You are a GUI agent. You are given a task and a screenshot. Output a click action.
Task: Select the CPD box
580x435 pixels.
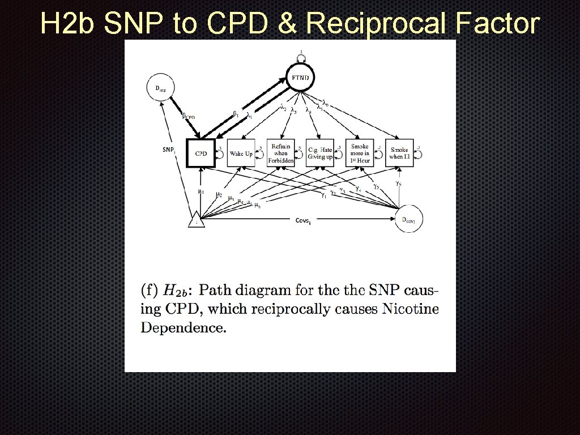[201, 153]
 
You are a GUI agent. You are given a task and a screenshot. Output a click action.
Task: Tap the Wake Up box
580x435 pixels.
[241, 153]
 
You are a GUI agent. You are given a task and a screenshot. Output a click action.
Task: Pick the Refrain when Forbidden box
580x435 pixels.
[280, 153]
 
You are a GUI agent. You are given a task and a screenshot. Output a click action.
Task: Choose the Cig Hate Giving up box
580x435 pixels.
[320, 153]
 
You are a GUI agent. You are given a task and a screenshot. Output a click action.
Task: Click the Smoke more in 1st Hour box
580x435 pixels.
[360, 153]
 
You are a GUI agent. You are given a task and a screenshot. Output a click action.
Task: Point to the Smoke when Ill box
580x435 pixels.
[399, 153]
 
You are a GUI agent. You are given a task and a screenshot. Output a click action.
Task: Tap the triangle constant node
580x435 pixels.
[196, 220]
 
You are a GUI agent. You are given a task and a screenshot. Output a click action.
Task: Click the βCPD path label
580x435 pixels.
[188, 117]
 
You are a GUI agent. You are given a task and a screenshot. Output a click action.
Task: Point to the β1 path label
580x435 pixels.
[236, 113]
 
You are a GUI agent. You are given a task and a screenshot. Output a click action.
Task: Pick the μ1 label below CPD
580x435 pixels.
[201, 191]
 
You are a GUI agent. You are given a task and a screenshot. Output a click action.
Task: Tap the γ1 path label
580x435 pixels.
[323, 196]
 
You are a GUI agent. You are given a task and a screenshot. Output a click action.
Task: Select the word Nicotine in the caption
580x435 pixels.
[410, 309]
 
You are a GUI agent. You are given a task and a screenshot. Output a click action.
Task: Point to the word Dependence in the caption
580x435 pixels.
[183, 327]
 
